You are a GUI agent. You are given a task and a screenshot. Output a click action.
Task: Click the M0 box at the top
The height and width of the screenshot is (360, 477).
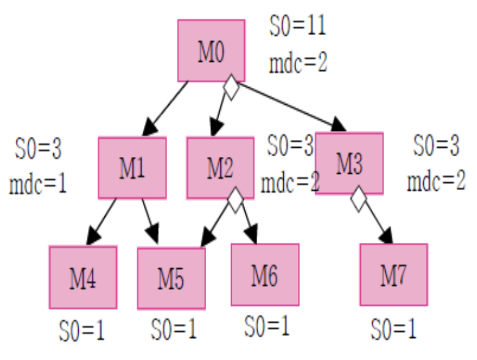pos(211,51)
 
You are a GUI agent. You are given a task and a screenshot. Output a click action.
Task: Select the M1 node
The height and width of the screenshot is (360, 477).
pos(132,168)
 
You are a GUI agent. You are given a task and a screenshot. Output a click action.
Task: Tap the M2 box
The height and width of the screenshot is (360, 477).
pos(220,168)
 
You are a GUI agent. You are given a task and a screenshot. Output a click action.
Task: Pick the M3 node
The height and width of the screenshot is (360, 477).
pos(349,163)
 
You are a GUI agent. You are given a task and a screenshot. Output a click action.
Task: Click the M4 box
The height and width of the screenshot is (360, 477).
pos(83,277)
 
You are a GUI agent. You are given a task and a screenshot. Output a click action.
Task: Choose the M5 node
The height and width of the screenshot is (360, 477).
pos(171,278)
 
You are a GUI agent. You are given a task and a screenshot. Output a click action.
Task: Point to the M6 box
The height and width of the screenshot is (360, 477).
pos(265,275)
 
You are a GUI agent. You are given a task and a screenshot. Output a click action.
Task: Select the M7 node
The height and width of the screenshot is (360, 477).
pos(394,275)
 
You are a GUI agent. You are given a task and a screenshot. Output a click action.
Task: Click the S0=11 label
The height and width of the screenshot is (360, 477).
pos(297,25)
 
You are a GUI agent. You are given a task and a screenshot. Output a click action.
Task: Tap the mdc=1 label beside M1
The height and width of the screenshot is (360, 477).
pos(38,183)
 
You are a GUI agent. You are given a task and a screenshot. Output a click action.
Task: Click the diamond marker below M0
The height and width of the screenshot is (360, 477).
pos(231,87)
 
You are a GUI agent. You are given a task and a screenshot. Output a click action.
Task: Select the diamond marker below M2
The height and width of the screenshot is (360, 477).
pos(236,200)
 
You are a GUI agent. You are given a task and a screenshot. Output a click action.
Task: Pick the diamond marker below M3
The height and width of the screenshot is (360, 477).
pos(359,199)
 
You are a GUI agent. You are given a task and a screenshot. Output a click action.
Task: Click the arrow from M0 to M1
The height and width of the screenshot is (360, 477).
pos(165,109)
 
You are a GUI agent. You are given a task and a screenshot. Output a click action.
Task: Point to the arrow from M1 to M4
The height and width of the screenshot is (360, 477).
pos(101,221)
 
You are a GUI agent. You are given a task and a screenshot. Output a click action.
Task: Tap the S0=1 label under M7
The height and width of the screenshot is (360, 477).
pos(393,329)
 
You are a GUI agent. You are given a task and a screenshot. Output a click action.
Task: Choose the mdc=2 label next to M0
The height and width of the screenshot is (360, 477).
pos(298,62)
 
